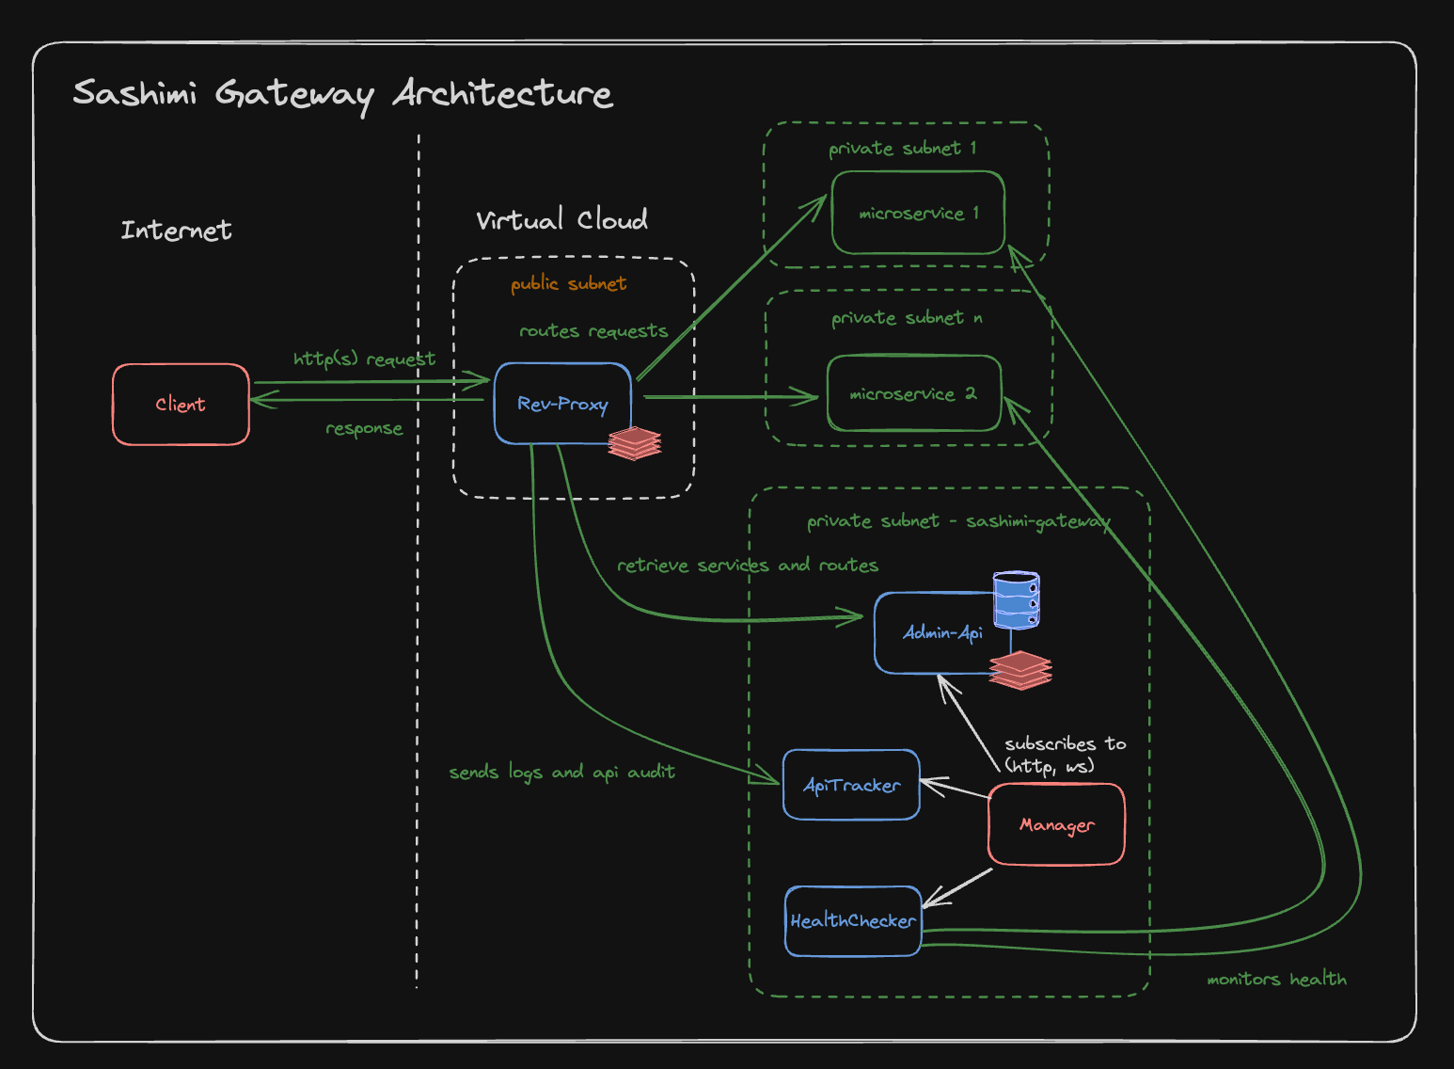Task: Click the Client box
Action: tap(181, 405)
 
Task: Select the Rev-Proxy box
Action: tap(562, 404)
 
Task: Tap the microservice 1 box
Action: tap(918, 214)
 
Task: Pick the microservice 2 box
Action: tap(913, 393)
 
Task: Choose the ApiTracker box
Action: tap(851, 785)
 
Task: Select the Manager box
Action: tap(1056, 824)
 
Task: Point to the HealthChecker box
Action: tap(853, 921)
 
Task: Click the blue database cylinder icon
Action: tap(1017, 599)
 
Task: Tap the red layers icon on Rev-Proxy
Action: tap(635, 443)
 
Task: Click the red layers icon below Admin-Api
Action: tap(1020, 670)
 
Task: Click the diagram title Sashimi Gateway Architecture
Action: tap(343, 94)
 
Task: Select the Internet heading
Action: tap(176, 231)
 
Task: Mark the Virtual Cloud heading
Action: tap(561, 220)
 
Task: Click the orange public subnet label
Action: tap(568, 284)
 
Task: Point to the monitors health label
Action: tap(1276, 980)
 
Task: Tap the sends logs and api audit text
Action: tap(561, 773)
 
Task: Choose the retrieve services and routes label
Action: tap(748, 566)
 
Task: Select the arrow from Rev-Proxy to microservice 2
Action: tap(729, 397)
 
